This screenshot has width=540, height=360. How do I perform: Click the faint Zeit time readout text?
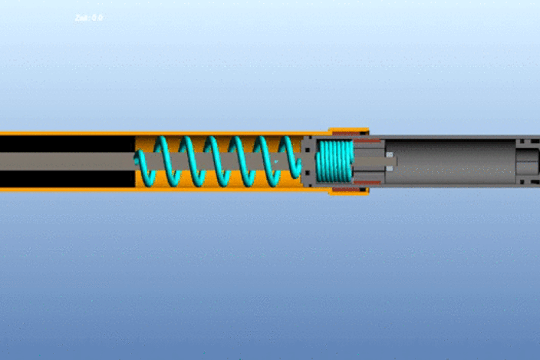pyautogui.click(x=89, y=18)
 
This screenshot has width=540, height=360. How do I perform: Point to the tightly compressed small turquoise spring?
pyautogui.click(x=334, y=162)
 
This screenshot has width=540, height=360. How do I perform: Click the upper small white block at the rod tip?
pyautogui.click(x=390, y=155)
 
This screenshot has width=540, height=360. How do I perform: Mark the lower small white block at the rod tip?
pyautogui.click(x=390, y=168)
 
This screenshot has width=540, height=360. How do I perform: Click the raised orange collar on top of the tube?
pyautogui.click(x=349, y=131)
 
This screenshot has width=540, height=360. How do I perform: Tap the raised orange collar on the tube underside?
pyautogui.click(x=349, y=192)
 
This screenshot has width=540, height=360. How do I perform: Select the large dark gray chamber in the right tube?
pyautogui.click(x=453, y=162)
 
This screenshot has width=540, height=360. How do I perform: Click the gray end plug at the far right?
pyautogui.click(x=528, y=162)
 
